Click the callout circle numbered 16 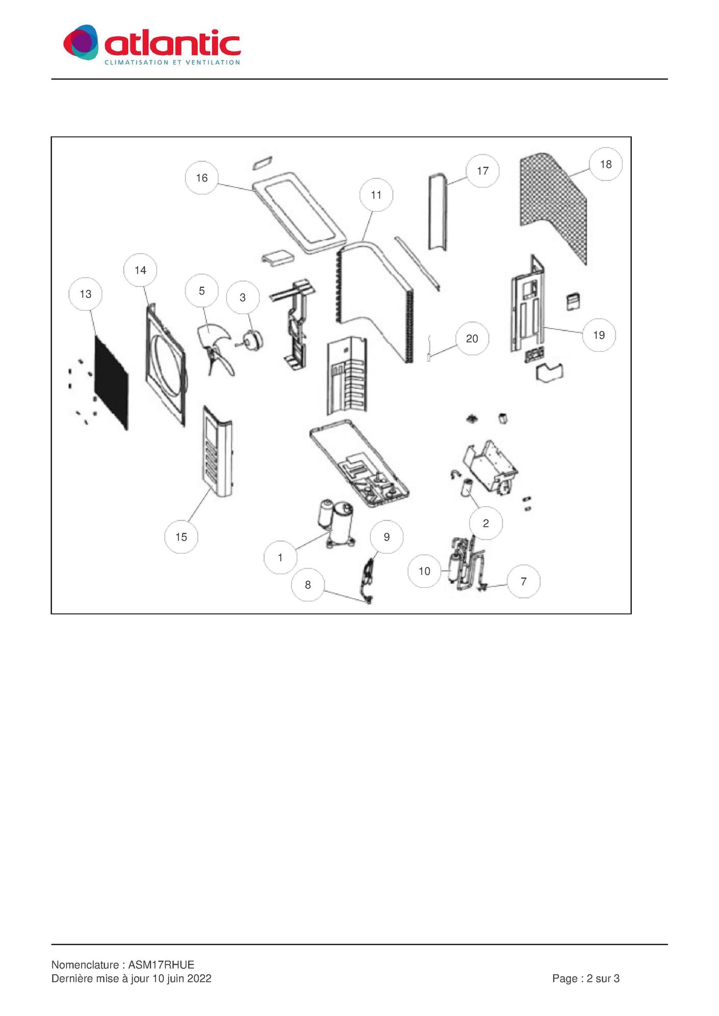click(202, 178)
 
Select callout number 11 click(376, 195)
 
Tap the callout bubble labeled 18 click(606, 164)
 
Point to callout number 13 click(86, 294)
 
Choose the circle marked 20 click(472, 338)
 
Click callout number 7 click(524, 581)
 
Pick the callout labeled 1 click(280, 557)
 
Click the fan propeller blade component click(215, 349)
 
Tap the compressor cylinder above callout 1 click(339, 524)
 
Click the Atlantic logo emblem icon click(81, 42)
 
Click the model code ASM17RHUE click(161, 965)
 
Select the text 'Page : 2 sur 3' click(586, 978)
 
